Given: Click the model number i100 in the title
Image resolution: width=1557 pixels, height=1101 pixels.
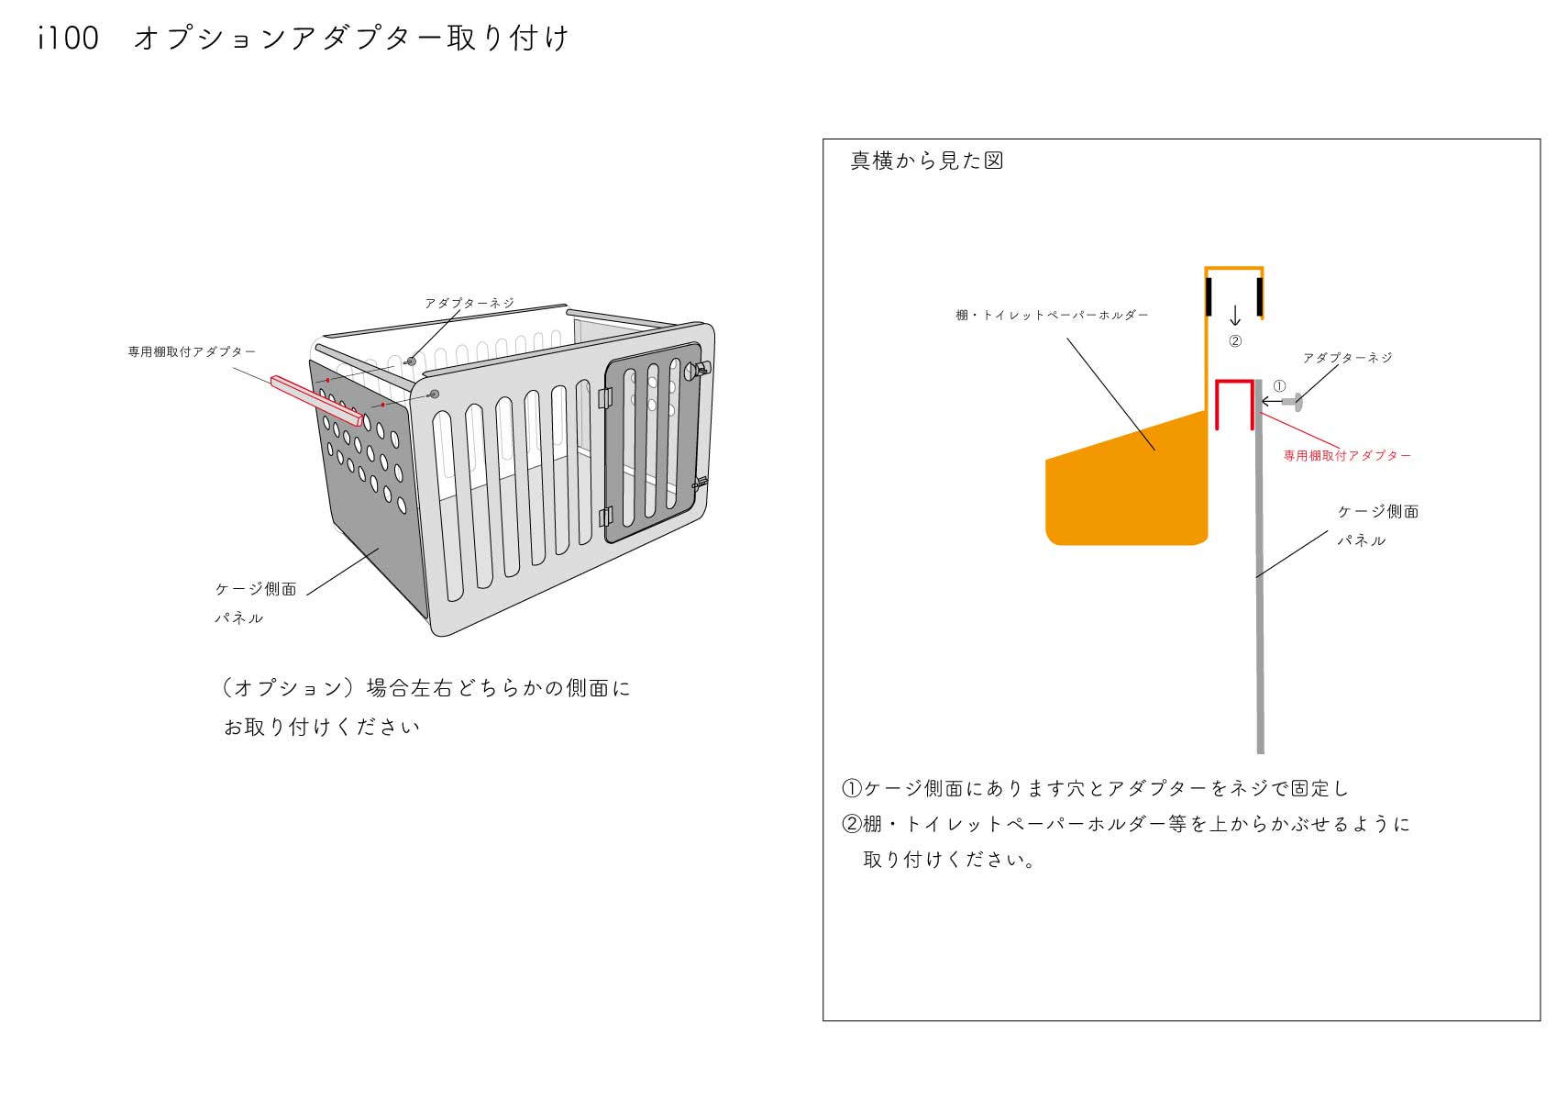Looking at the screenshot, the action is [x=69, y=38].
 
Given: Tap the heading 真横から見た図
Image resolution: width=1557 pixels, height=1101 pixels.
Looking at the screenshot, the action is [x=927, y=161].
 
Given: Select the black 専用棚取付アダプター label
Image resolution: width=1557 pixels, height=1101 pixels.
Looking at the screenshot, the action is [x=192, y=351].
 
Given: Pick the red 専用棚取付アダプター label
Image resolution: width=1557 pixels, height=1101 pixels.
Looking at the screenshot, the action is [x=1347, y=455].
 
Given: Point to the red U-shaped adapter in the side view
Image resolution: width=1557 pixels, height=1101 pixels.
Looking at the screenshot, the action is [x=1234, y=405].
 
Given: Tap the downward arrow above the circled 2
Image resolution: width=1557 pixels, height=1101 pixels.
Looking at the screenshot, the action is [x=1235, y=316].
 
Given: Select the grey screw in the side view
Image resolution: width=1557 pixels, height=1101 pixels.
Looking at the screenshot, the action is [x=1294, y=401].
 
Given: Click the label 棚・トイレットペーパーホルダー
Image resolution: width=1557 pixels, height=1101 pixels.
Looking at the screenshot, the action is [x=1052, y=315].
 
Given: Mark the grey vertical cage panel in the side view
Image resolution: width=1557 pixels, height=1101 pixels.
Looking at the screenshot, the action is [x=1259, y=566].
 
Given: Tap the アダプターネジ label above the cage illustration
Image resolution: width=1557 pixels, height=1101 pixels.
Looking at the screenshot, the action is [x=469, y=303].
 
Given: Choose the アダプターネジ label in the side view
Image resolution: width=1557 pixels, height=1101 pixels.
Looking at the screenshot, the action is [x=1348, y=358].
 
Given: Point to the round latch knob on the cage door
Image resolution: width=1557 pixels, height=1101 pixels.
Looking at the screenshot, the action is [x=701, y=370].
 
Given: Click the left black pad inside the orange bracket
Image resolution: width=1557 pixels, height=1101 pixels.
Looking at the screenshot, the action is [x=1209, y=295].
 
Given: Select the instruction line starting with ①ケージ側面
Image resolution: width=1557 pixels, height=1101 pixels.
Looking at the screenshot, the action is [x=1095, y=788].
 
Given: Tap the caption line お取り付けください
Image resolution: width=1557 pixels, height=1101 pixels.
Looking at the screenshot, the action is [x=322, y=727].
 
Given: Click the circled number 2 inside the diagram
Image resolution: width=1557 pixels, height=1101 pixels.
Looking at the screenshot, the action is [x=1235, y=341].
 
